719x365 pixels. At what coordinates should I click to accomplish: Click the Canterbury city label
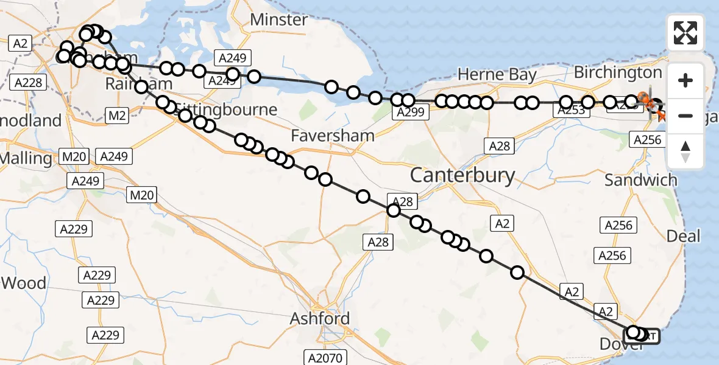coord(462,176)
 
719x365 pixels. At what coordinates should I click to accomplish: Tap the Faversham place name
coord(332,135)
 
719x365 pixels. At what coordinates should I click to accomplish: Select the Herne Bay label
coord(497,75)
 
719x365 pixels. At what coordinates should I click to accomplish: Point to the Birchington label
coord(618,72)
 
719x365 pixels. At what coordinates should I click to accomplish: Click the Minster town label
coord(279,19)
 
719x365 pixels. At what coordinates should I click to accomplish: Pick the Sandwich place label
coord(640,180)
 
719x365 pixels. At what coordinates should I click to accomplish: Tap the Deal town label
coord(683,235)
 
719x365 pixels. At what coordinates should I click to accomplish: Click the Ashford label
coord(320,318)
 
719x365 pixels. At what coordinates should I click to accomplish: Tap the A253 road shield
coord(572,109)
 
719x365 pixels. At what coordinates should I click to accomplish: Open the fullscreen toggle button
coord(685,33)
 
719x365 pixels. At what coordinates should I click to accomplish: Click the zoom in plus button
coord(685,80)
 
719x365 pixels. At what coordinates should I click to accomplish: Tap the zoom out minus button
coord(685,116)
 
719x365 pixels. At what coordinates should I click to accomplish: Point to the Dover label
coord(622,344)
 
